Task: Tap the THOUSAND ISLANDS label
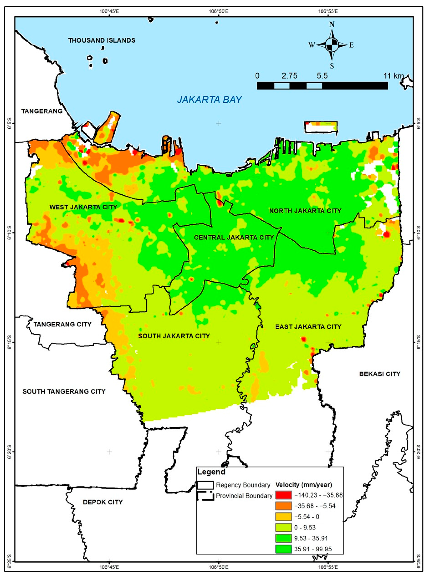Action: coord(102,40)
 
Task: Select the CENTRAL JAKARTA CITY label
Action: coord(234,237)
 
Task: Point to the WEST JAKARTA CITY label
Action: coord(83,207)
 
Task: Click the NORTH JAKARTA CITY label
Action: coord(305,211)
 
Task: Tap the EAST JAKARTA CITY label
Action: coord(308,327)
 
